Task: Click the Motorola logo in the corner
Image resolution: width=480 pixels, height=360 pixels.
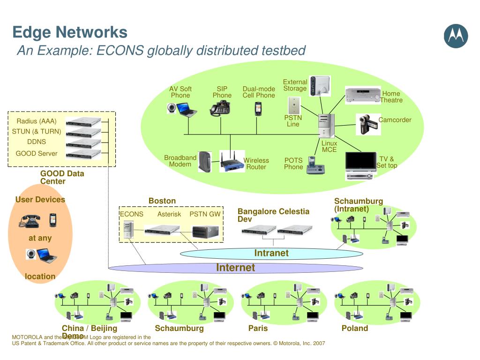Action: pos(456,36)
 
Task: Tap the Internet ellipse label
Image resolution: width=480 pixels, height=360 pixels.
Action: pos(235,268)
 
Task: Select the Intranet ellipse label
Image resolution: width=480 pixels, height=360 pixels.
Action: pos(271,253)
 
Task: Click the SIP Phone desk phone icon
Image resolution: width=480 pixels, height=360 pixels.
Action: pos(220,108)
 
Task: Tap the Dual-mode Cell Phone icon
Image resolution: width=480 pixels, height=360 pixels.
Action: pos(258,109)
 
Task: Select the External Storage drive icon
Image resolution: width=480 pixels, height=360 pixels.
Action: pos(320,86)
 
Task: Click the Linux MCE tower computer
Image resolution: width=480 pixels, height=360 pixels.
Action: pos(326,126)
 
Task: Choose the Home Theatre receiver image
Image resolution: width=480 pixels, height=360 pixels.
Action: pos(362,95)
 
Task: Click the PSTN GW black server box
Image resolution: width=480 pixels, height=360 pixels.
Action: pos(205,231)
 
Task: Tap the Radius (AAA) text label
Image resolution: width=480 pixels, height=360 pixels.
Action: pos(37,121)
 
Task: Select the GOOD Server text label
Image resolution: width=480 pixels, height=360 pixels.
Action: pos(37,153)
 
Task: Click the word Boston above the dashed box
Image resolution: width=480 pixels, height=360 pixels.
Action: pos(162,201)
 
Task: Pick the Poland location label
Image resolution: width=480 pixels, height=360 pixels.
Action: pos(354,328)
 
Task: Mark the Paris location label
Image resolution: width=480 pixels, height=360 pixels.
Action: pos(258,328)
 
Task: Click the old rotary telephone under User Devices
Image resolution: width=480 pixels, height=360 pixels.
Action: pos(30,220)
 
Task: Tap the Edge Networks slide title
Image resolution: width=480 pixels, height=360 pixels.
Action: pos(70,32)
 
